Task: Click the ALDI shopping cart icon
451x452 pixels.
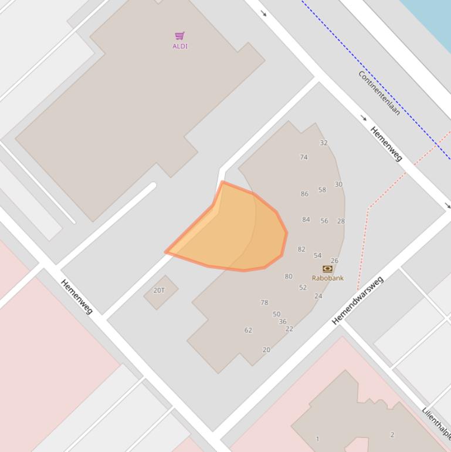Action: (x=179, y=36)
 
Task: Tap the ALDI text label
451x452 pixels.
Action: (x=180, y=46)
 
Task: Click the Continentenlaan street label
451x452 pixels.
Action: (x=379, y=93)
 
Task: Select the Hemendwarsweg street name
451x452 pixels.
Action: (x=357, y=300)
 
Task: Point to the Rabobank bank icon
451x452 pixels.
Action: (x=328, y=269)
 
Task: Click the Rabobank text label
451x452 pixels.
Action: (x=328, y=278)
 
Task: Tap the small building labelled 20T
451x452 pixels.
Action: (x=160, y=291)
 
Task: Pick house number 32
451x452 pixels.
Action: (x=324, y=143)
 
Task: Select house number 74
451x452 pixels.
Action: (x=304, y=157)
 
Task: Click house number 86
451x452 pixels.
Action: (x=304, y=194)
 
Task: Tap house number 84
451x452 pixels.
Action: (x=306, y=220)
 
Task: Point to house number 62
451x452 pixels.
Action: (x=248, y=330)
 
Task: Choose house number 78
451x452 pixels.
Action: (x=265, y=303)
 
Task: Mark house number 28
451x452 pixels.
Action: (x=341, y=221)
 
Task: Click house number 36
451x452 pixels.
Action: (x=283, y=322)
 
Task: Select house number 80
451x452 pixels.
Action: (x=289, y=276)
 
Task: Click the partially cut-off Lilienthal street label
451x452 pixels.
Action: (x=437, y=423)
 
